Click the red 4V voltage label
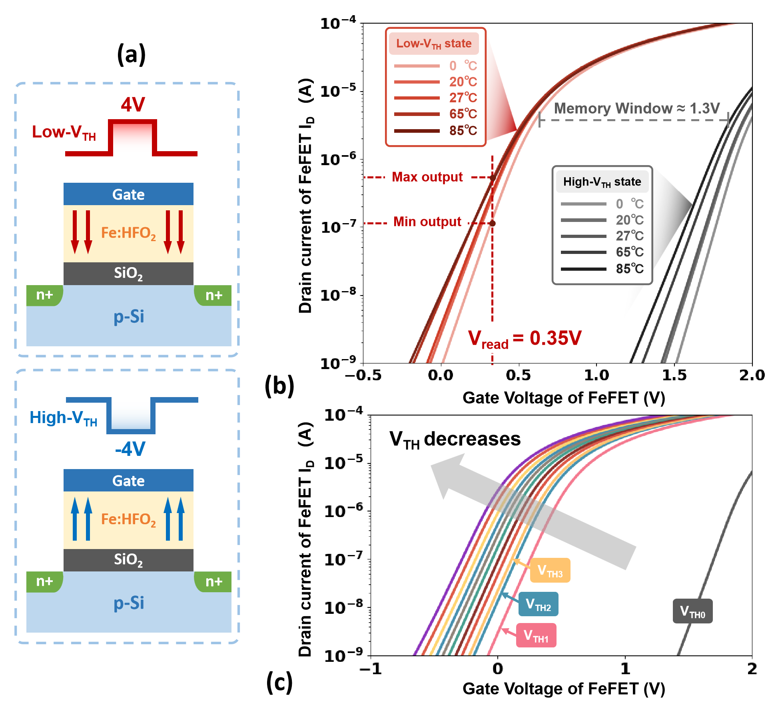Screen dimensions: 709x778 click(x=133, y=105)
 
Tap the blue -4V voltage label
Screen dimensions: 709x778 click(x=130, y=449)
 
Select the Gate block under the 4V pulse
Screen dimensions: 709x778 click(x=128, y=194)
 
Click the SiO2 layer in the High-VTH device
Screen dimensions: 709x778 click(x=128, y=559)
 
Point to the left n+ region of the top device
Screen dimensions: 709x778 click(x=44, y=295)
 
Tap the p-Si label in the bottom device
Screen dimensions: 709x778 click(x=129, y=603)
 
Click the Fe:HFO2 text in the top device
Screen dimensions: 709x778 click(x=128, y=233)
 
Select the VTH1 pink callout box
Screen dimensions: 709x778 click(x=536, y=635)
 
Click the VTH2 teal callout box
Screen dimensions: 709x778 click(x=538, y=604)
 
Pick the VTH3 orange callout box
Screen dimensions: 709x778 click(x=550, y=570)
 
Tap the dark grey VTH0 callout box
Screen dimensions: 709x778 click(x=692, y=611)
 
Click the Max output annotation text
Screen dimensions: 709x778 click(x=427, y=177)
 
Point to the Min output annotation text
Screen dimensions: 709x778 click(x=427, y=222)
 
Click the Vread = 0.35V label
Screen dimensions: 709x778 click(x=525, y=339)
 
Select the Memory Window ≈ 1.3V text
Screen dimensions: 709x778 click(x=636, y=108)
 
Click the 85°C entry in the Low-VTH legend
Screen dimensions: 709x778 click(x=463, y=131)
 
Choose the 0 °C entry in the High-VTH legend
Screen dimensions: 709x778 click(x=629, y=204)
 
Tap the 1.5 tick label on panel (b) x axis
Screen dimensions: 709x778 click(x=674, y=375)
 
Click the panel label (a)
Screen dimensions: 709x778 click(x=131, y=54)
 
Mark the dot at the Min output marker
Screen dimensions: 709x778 click(x=493, y=223)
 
